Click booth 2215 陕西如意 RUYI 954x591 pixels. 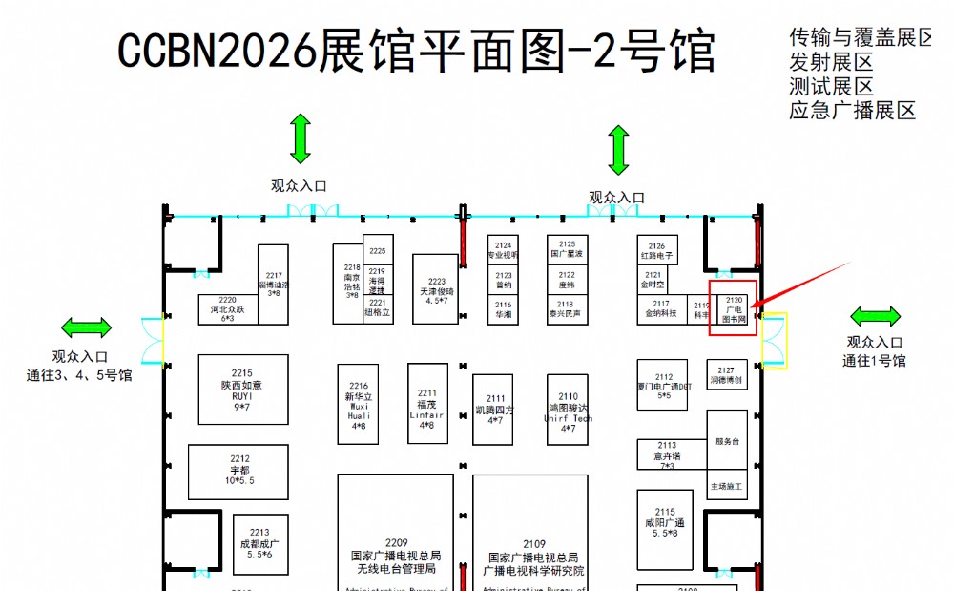[x=243, y=390]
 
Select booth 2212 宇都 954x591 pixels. [x=238, y=471]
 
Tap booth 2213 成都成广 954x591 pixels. [x=259, y=544]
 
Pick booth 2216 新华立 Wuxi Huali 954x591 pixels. [x=359, y=404]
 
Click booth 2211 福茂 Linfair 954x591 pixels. [x=427, y=404]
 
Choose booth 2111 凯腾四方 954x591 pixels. [x=494, y=410]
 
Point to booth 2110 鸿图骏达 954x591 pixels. [x=568, y=408]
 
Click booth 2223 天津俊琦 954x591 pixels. [x=436, y=288]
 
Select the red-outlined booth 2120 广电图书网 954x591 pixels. [x=733, y=308]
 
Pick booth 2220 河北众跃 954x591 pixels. [x=228, y=308]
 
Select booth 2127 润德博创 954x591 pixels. [x=727, y=375]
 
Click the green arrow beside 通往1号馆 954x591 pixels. [x=875, y=316]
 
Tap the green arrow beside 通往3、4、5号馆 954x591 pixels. [x=86, y=328]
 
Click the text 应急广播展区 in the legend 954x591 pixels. [x=852, y=111]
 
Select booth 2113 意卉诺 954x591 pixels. [x=667, y=455]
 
